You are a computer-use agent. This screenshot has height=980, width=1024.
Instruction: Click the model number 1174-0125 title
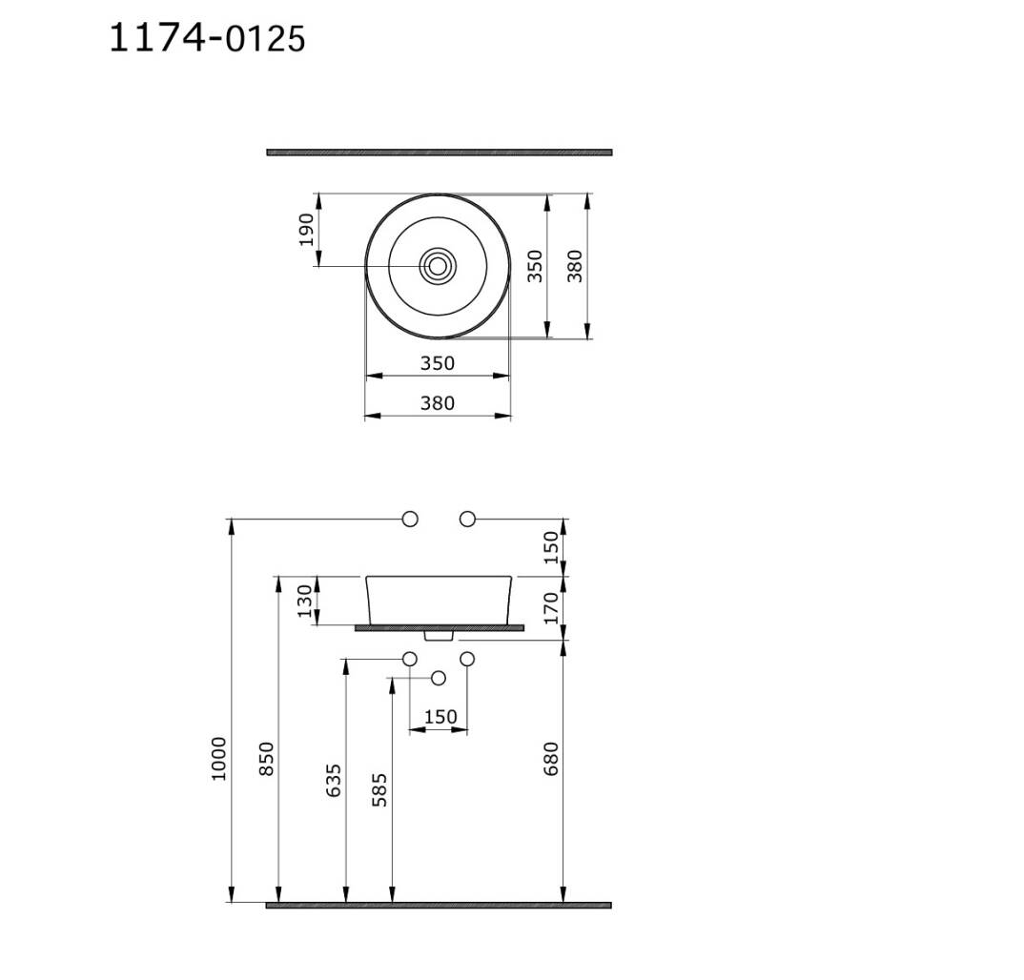click(206, 38)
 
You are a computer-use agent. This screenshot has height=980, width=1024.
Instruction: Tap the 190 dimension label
click(306, 230)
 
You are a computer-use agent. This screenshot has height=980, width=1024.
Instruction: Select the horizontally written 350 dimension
click(437, 363)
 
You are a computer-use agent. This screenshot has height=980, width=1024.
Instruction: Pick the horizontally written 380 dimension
click(437, 403)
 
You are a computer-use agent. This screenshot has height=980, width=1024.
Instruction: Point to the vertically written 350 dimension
click(535, 266)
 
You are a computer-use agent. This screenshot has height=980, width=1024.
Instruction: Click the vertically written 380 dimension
click(575, 266)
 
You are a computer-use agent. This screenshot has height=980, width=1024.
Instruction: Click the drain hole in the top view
click(437, 266)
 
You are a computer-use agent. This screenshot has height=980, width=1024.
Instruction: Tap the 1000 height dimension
click(218, 758)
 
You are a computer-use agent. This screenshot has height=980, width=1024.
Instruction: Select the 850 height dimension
click(266, 758)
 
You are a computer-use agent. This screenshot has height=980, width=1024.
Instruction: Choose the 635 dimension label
click(334, 780)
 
